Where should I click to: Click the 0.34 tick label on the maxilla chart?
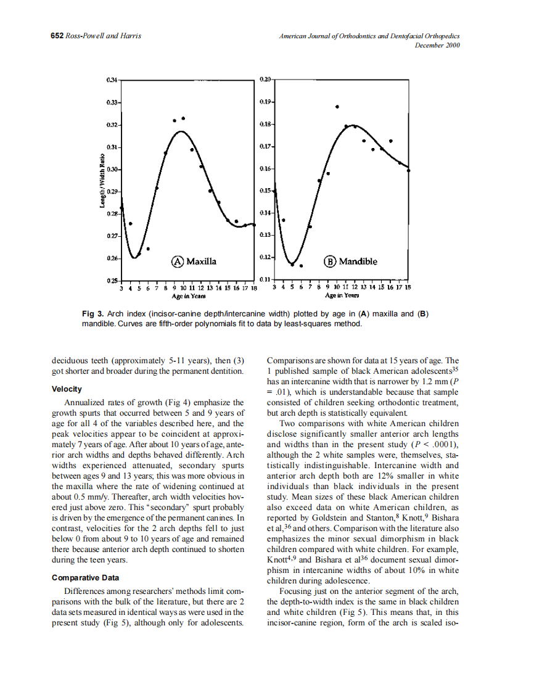[x=112, y=80]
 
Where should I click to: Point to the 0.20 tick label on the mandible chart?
[x=265, y=80]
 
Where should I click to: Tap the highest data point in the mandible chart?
[x=337, y=107]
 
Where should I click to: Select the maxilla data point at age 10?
[x=183, y=118]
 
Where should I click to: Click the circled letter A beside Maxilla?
[x=178, y=262]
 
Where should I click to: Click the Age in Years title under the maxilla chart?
[x=189, y=297]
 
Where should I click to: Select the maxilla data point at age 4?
[x=130, y=224]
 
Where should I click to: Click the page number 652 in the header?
[x=57, y=36]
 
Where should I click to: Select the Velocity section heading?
[x=67, y=389]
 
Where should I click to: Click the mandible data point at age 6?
[x=301, y=266]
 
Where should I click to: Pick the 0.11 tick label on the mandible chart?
[x=265, y=279]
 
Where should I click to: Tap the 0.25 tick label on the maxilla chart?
[x=112, y=281]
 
